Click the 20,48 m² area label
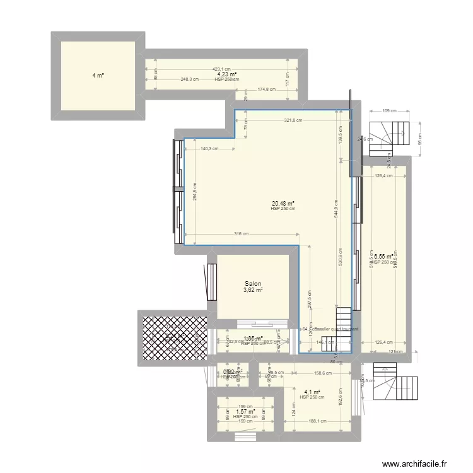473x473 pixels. pos(283,204)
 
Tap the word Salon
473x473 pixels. pos(254,284)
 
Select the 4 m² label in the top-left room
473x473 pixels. pos(97,76)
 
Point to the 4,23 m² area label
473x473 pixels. pos(227,74)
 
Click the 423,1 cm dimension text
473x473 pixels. pos(225,69)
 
